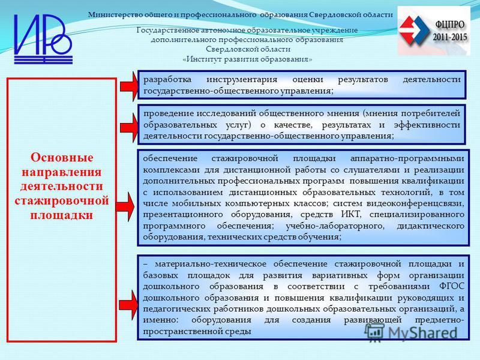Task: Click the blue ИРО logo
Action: point(43,39)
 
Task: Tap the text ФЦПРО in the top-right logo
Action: point(449,25)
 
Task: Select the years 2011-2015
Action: point(449,37)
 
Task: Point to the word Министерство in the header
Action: point(110,14)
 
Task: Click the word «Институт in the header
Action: point(202,59)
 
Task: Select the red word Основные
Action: point(62,158)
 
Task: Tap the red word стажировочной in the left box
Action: point(62,201)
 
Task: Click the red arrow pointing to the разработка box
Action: point(128,86)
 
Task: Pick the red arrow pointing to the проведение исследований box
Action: point(128,128)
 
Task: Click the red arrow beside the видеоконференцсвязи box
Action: point(125,207)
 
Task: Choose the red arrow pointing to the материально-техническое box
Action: point(128,305)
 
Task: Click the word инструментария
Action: point(242,80)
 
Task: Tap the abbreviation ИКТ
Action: point(351,214)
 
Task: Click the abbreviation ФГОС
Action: point(452,287)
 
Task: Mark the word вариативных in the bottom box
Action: point(340,275)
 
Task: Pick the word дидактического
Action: point(431,226)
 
